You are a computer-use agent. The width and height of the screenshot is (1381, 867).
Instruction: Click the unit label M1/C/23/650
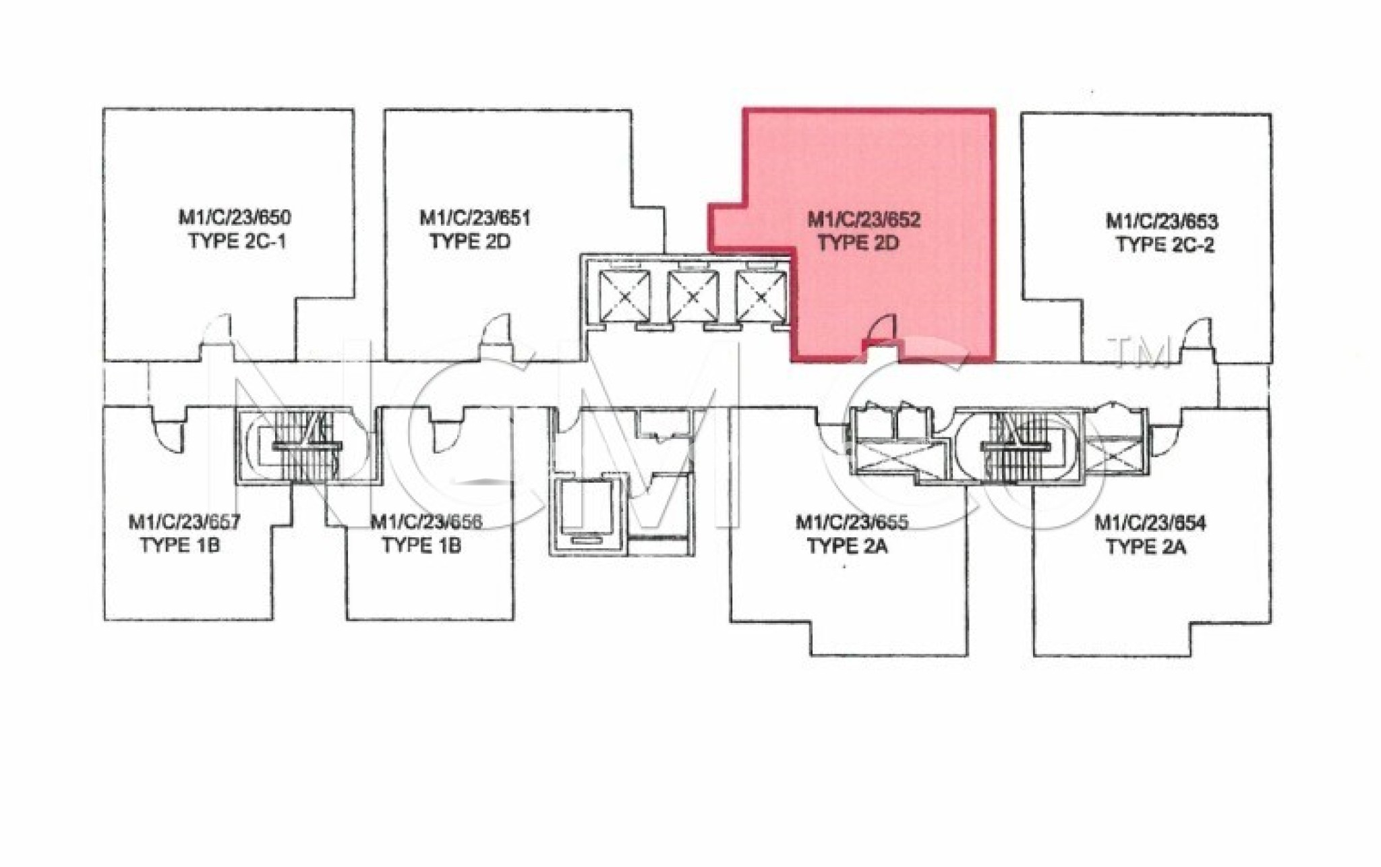tap(234, 218)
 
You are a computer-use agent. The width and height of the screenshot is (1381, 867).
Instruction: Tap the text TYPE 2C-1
tap(237, 241)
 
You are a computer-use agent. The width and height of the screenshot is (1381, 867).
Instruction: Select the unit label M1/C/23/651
tap(475, 218)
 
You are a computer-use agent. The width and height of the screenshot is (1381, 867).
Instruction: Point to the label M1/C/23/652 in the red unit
tap(864, 219)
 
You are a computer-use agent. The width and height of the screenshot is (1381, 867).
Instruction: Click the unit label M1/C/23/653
tap(1161, 221)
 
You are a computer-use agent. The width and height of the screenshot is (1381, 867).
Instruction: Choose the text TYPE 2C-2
tap(1165, 244)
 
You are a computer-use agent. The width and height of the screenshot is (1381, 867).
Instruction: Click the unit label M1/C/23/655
tap(852, 522)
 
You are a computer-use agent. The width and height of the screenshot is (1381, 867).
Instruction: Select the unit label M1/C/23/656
tap(426, 522)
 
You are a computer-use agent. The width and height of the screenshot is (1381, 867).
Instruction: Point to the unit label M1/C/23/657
tap(184, 522)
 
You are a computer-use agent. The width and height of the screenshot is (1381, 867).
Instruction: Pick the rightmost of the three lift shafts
tap(761, 295)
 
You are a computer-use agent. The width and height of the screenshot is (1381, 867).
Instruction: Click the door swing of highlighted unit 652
tap(881, 331)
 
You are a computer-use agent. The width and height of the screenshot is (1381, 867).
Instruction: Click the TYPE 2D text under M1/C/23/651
tap(470, 241)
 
